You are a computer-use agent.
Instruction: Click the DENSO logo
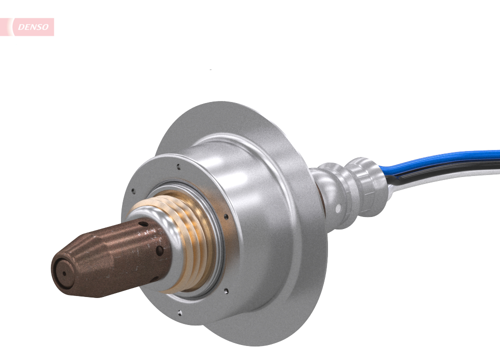tap(33, 27)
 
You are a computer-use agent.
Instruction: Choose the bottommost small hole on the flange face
tap(180, 313)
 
